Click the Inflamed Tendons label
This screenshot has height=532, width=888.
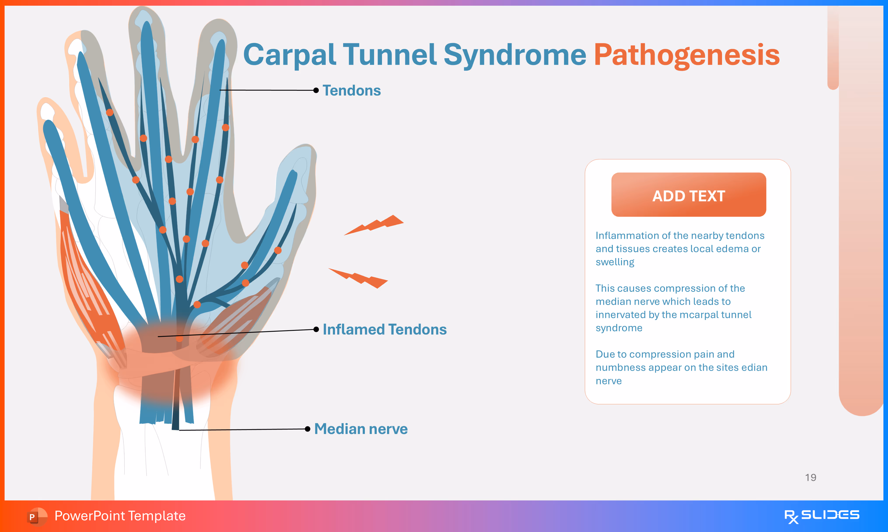[385, 329]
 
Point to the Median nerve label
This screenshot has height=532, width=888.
[361, 429]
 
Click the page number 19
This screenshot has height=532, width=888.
[810, 477]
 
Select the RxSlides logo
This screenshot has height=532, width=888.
[822, 516]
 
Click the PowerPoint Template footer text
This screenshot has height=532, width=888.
[120, 516]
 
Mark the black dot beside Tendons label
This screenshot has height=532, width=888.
[316, 90]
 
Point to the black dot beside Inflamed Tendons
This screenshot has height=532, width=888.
[316, 329]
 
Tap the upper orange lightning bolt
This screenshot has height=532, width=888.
[374, 225]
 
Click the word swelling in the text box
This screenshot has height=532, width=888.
[615, 262]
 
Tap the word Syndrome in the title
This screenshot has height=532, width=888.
[515, 55]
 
